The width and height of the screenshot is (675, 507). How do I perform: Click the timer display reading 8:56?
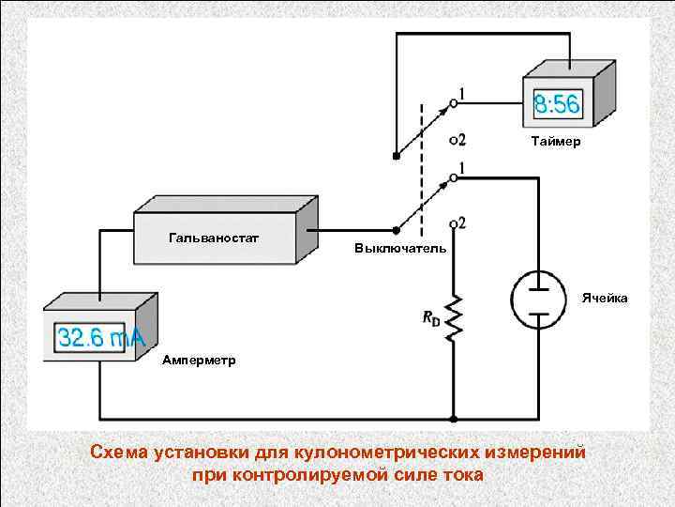pos(556,104)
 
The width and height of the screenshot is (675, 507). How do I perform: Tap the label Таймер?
pos(555,142)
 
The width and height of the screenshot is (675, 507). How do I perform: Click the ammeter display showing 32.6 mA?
pos(97,338)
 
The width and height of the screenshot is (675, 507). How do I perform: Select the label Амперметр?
pos(199,360)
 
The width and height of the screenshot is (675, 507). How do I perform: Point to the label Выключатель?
pos(394,251)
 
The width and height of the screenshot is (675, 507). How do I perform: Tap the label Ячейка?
pos(604,298)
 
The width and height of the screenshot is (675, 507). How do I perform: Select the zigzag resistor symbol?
pos(454,317)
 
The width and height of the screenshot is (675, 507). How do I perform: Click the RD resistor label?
pos(430,318)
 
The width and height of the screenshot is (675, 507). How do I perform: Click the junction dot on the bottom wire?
pos(454,418)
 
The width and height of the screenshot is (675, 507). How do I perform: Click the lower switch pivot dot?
pos(395,228)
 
